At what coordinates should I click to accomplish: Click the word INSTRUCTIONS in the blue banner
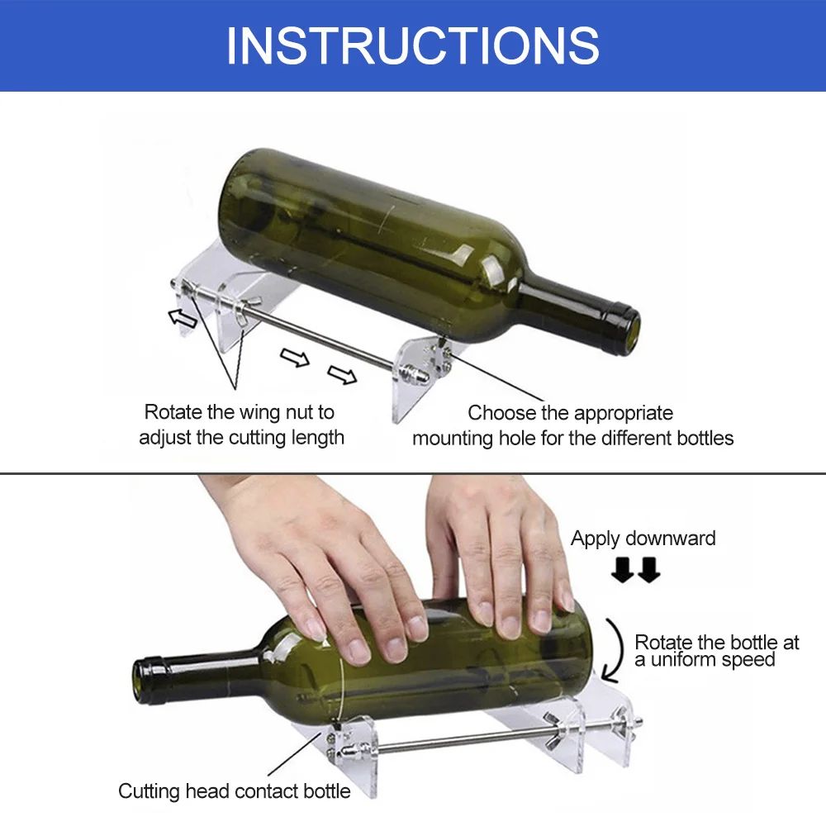pos(412,45)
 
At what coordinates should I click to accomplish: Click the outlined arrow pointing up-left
pos(183,318)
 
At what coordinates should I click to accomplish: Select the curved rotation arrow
pos(615,651)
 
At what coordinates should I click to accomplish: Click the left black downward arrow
pos(623,570)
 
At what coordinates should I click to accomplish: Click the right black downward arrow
pos(649,570)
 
